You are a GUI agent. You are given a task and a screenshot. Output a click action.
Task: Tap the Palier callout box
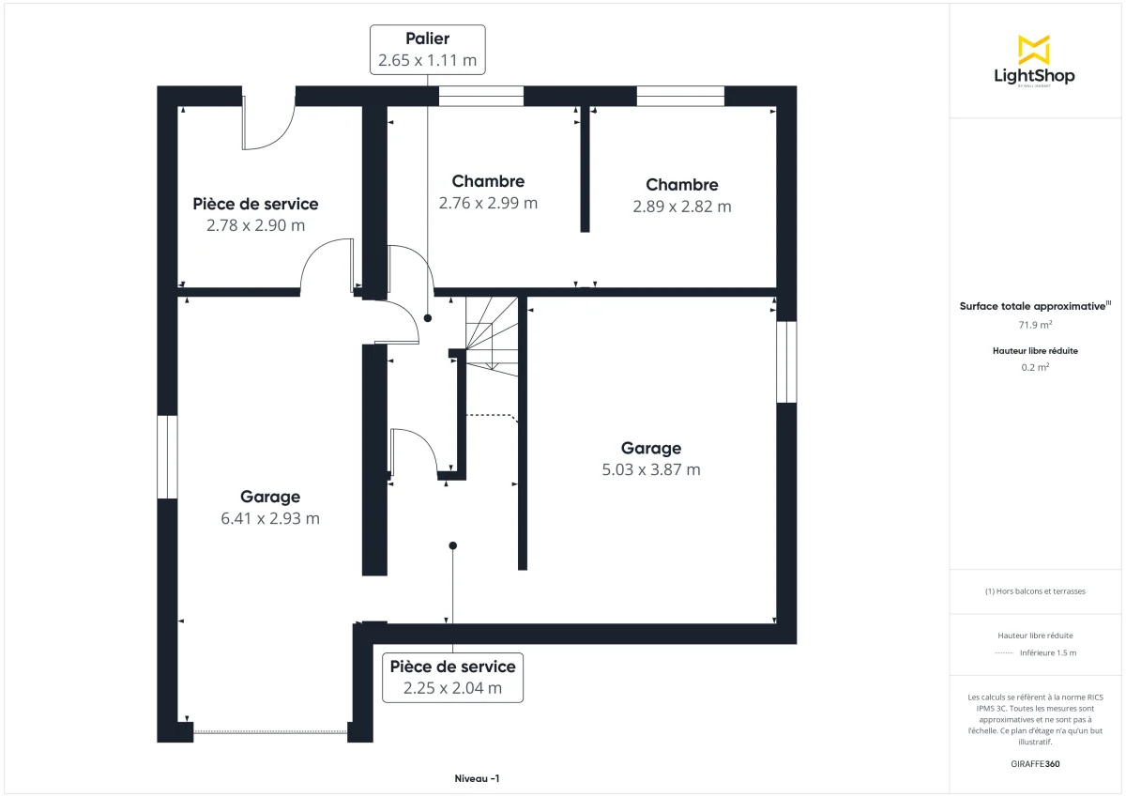point(428,50)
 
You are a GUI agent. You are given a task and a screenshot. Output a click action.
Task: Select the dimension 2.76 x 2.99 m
point(488,203)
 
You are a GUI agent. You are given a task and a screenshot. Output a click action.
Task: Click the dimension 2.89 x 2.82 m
point(682,207)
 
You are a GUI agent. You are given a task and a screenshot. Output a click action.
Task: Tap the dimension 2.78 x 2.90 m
point(255,225)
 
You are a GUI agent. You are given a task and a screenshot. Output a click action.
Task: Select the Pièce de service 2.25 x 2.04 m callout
point(452,677)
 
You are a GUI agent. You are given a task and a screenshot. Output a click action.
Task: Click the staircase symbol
point(492,334)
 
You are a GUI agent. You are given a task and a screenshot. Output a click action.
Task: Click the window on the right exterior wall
point(786,362)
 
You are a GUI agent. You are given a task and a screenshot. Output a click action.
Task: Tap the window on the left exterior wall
point(167,456)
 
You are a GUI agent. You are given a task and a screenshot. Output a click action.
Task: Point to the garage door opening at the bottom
point(270,731)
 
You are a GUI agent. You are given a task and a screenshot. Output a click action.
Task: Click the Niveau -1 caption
point(477,779)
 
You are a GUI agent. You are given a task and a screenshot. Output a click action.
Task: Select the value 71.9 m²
point(1035,325)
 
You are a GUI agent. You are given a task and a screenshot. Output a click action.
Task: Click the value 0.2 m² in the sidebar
point(1035,367)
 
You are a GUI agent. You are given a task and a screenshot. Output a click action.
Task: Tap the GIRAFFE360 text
point(1035,764)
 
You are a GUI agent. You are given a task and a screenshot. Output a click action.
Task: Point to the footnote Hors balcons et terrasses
point(1035,591)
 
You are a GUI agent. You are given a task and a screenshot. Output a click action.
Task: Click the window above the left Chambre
point(480,96)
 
